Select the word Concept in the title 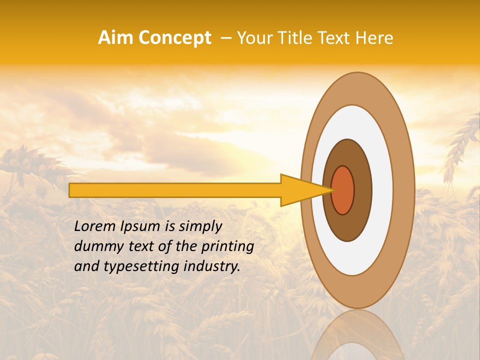pos(174,38)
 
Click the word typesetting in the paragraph pos(144,267)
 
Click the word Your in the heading pos(253,38)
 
